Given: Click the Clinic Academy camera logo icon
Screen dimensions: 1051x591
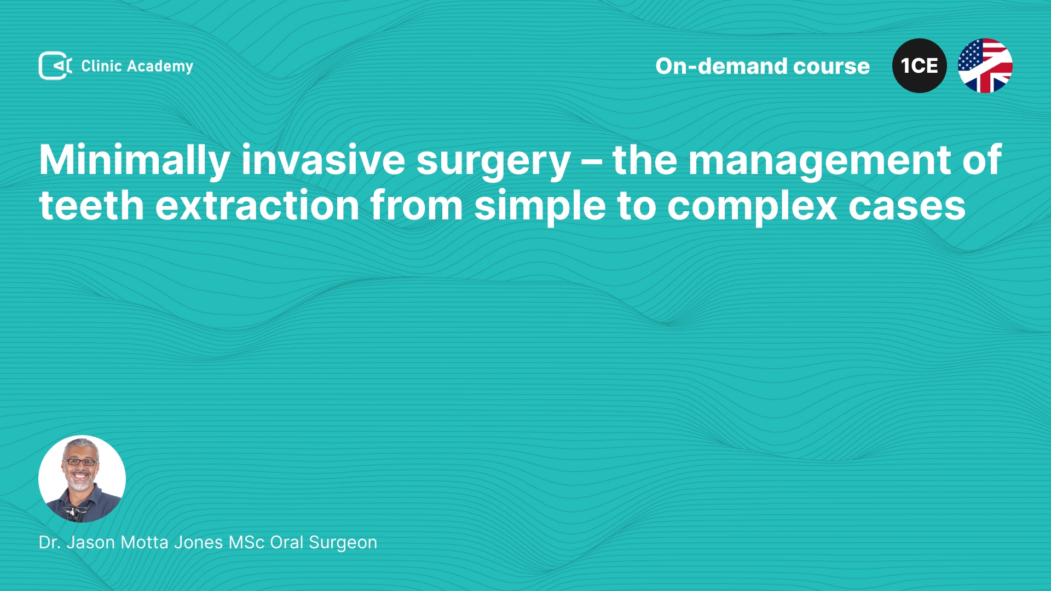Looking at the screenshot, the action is (55, 66).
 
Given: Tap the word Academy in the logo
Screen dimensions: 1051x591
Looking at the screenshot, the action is (160, 67).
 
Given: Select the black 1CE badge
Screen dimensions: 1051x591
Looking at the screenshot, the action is (920, 66).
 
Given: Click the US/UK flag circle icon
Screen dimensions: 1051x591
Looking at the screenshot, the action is (985, 66).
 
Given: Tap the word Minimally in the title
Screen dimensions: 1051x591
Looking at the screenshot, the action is (135, 161).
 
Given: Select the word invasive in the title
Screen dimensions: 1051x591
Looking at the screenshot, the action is (323, 160).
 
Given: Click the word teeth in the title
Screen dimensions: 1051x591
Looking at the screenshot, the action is (91, 206).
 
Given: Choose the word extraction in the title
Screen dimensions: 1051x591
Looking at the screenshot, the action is (257, 206).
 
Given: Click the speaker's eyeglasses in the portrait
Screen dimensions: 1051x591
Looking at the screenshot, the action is (80, 462).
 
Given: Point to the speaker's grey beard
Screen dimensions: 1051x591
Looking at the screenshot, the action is (81, 482).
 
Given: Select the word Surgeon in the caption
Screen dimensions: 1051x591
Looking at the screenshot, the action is (343, 543).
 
